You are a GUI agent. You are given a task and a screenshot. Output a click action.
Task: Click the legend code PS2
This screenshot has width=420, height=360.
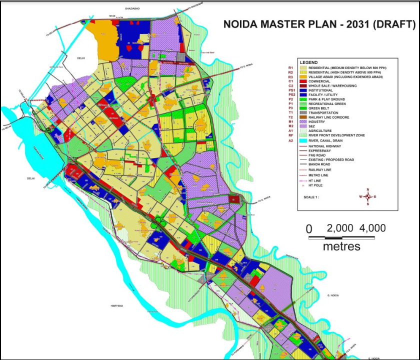click(x=291, y=94)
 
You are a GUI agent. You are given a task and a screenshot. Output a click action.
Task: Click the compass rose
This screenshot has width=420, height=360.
click(x=367, y=196)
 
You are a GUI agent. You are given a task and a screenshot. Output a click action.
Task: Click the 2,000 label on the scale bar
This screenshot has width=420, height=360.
click(x=341, y=228)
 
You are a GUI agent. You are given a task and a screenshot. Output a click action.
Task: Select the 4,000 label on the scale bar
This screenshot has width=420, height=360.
click(x=372, y=228)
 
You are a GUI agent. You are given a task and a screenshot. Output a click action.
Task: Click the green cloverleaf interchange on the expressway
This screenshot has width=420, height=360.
click(x=161, y=220)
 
